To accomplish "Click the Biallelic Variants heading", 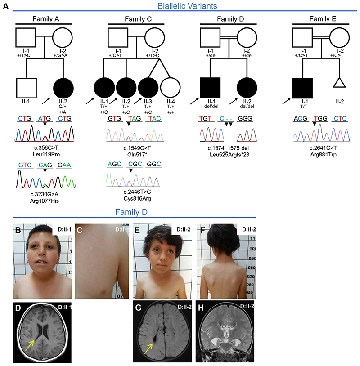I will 181,6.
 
